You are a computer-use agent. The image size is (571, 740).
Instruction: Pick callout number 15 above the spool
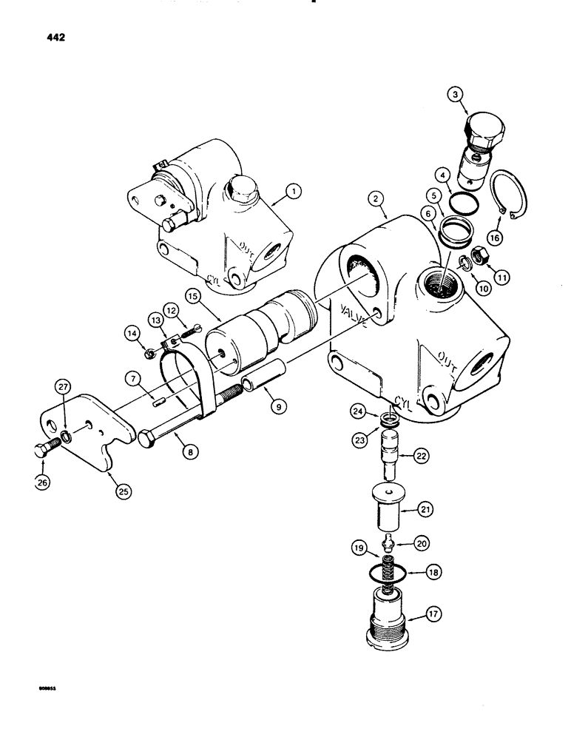tap(192, 296)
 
